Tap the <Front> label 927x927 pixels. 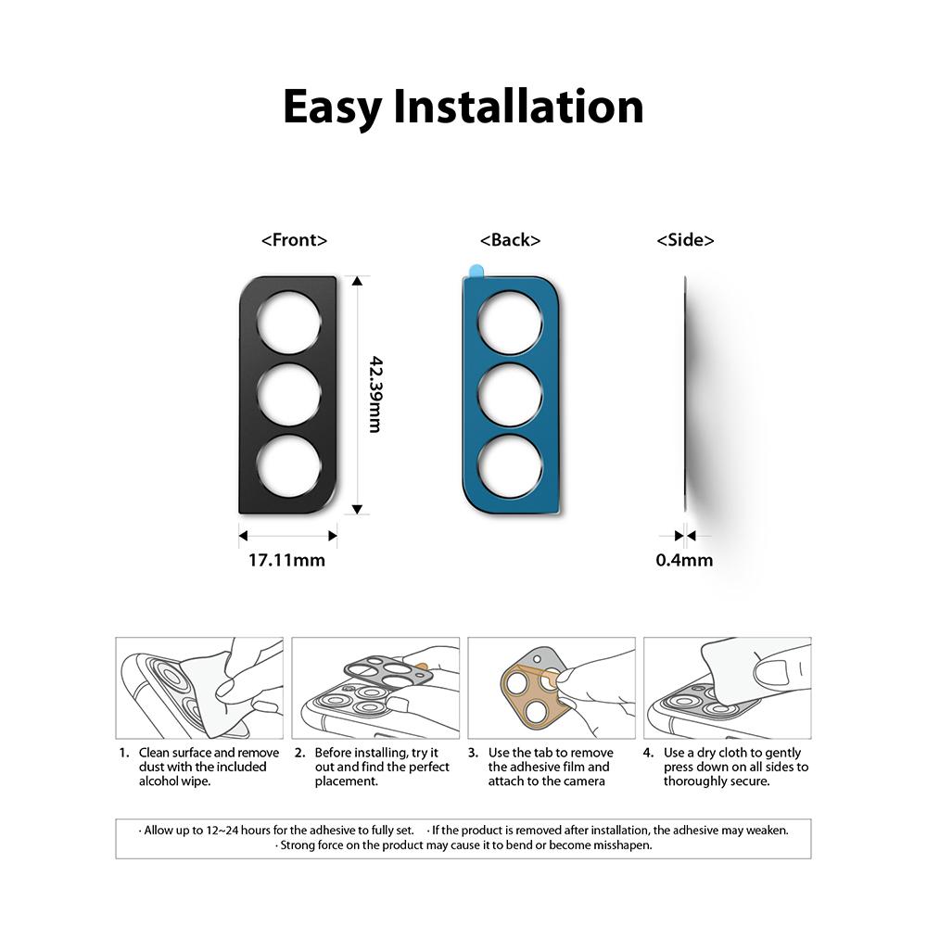295,240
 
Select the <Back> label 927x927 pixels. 510,240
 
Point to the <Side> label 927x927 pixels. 685,240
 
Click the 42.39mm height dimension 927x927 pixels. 375,394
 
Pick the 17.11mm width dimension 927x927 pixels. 286,560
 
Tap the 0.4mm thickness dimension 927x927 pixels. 684,560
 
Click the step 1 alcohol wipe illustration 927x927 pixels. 199,688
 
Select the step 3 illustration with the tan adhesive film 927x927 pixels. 552,688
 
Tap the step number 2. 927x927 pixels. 299,753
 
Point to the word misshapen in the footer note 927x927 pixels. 619,845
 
